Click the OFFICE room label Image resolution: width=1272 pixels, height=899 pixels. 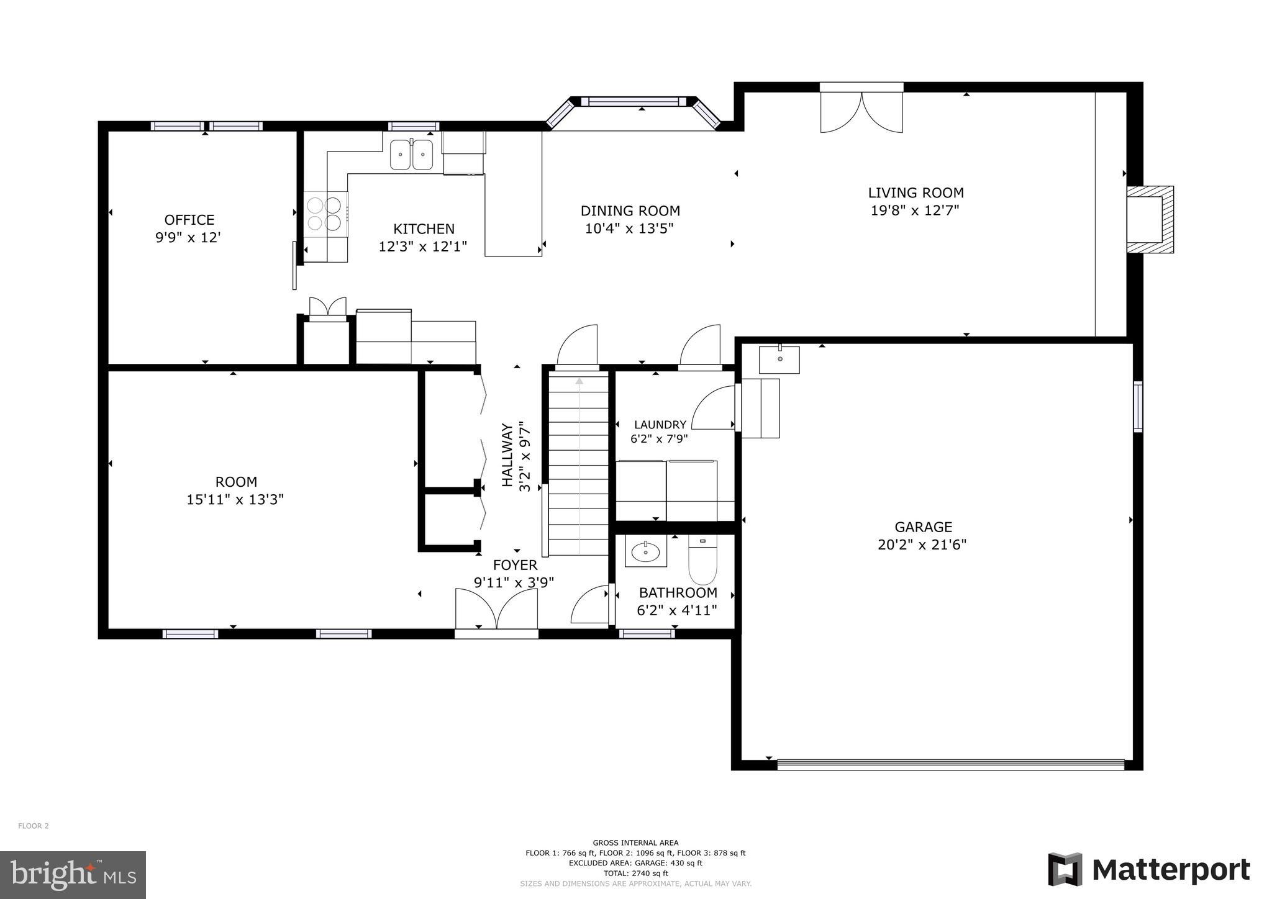(189, 220)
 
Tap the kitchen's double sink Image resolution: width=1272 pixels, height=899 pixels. (411, 155)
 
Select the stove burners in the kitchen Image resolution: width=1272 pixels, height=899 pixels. (325, 213)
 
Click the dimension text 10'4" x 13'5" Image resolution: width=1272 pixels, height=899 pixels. (629, 228)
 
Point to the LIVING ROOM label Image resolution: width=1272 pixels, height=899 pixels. (915, 192)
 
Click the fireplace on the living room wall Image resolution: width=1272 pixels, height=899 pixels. (1148, 219)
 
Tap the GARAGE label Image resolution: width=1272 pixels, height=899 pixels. (923, 527)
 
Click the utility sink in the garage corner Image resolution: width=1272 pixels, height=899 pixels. (779, 359)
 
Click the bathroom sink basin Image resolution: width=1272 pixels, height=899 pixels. (646, 551)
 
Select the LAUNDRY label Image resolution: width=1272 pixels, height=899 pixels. (660, 425)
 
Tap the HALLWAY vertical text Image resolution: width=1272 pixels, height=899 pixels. (507, 455)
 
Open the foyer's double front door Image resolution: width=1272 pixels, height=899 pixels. (496, 611)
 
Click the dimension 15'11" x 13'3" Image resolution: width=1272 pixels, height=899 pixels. (235, 499)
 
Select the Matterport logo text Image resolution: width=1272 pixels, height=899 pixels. (1171, 870)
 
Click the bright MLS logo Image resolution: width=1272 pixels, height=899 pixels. (73, 875)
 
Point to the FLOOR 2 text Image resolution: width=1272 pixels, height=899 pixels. (33, 826)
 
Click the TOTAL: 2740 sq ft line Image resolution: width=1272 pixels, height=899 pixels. (635, 873)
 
